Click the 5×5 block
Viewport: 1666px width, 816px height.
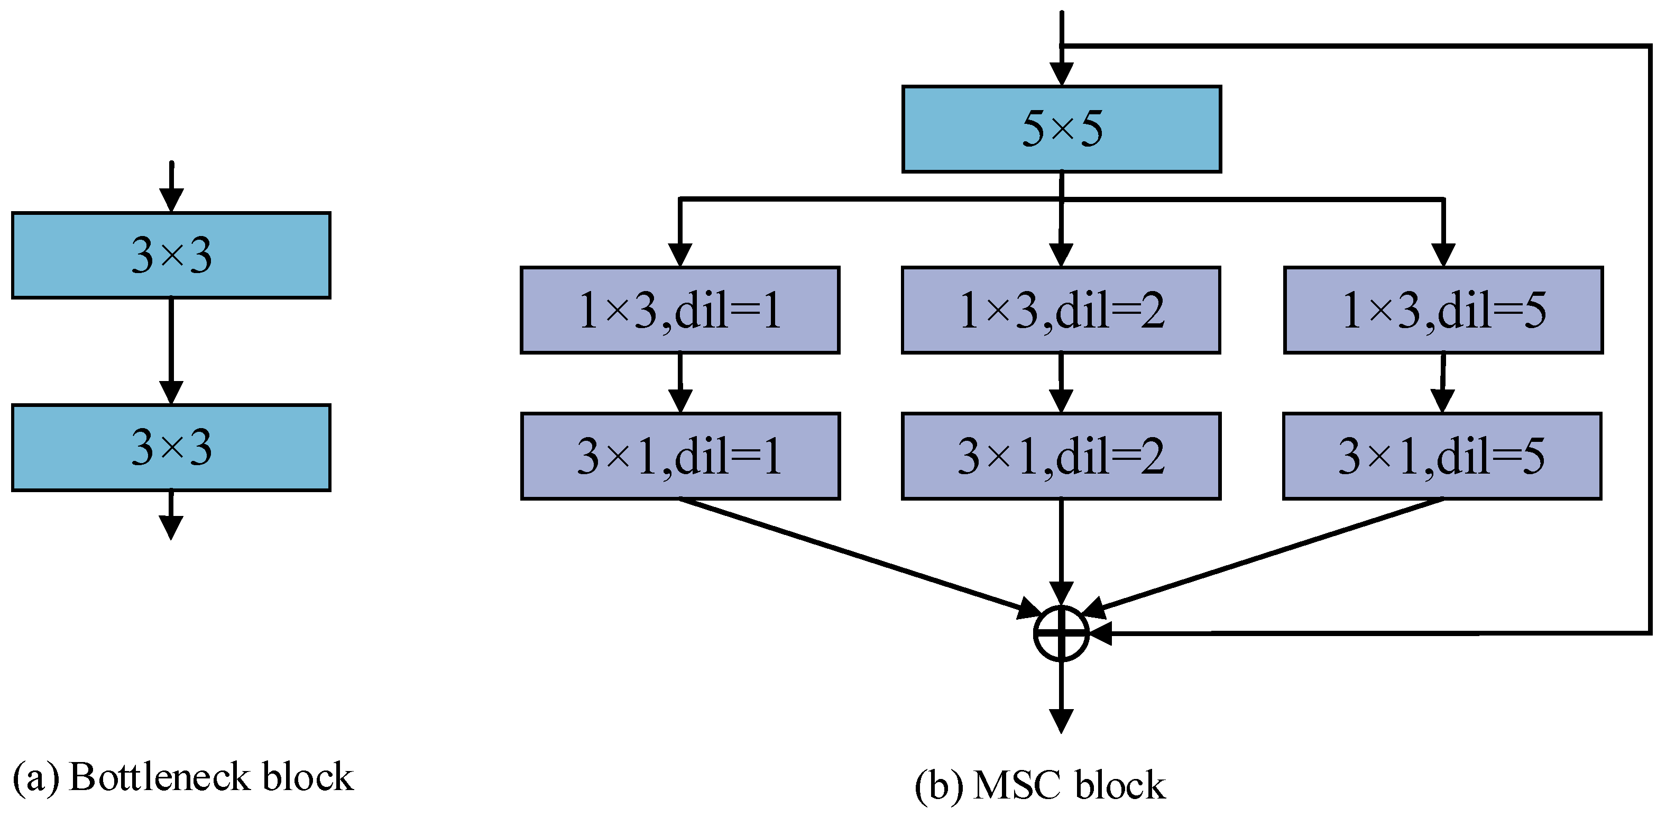(1061, 129)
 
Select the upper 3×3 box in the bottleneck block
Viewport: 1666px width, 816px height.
(171, 255)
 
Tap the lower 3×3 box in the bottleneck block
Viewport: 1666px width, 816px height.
(171, 447)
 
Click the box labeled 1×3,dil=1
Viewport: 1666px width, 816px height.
(680, 310)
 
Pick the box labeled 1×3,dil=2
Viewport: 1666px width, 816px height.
(1061, 310)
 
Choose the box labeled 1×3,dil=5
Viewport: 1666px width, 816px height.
(1443, 310)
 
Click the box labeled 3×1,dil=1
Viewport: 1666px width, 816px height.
(680, 456)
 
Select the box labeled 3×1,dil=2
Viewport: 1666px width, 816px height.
(1061, 456)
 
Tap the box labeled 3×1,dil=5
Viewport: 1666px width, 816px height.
(1442, 456)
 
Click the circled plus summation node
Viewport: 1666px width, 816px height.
(1061, 633)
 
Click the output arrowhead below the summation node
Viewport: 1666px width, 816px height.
(1061, 720)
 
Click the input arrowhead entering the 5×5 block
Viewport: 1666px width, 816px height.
(1061, 73)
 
